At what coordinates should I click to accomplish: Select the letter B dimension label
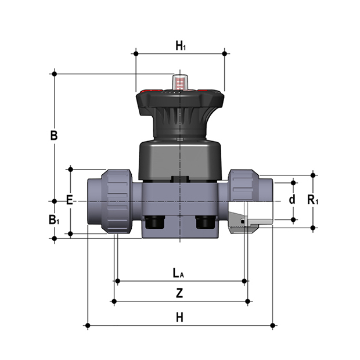(x=53, y=136)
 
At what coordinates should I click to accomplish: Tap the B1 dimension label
(x=54, y=220)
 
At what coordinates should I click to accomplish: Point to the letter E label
(x=70, y=200)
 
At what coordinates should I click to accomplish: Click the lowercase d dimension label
(x=292, y=200)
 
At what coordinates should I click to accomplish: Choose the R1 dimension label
(x=314, y=200)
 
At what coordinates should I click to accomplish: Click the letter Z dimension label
(x=180, y=293)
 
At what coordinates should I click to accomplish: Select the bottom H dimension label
(x=180, y=317)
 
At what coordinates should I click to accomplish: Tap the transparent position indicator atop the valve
(x=181, y=82)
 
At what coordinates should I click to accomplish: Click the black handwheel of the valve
(x=180, y=102)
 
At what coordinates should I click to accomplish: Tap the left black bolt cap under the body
(x=154, y=222)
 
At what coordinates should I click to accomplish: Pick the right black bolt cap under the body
(x=204, y=222)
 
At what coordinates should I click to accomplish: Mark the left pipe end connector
(x=95, y=200)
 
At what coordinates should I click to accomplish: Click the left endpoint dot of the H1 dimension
(x=135, y=54)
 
